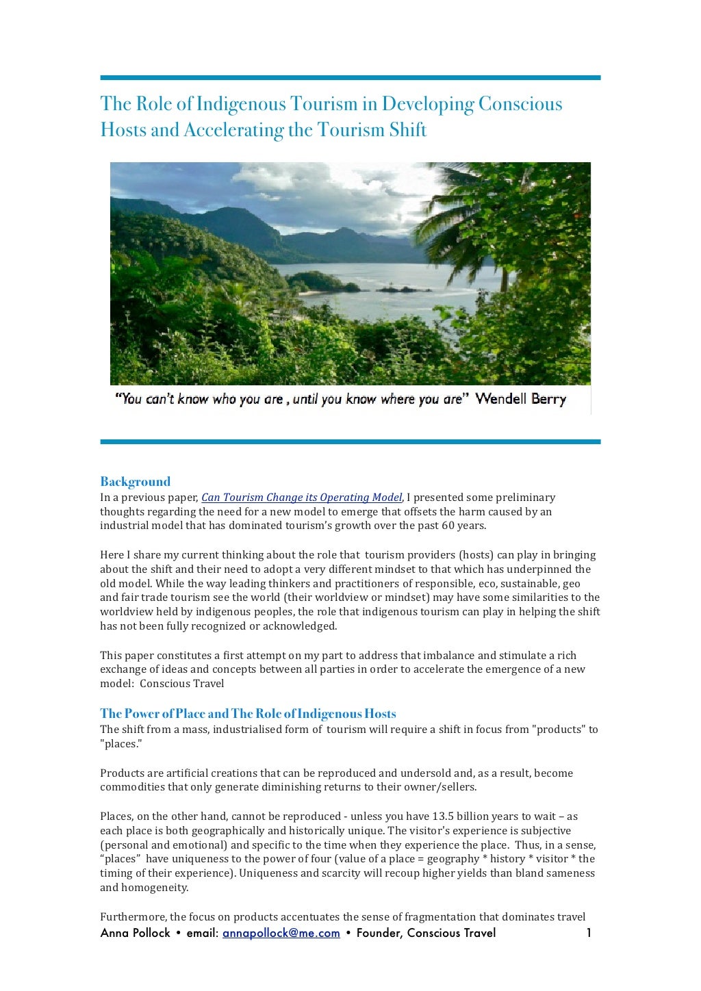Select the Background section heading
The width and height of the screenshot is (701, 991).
click(135, 482)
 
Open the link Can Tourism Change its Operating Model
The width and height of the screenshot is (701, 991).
click(301, 498)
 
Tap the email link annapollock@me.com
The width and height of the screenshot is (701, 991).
click(281, 934)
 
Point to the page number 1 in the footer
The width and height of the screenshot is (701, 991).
click(589, 934)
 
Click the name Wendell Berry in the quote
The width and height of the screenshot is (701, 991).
click(520, 399)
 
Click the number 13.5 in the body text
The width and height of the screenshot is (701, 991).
click(444, 816)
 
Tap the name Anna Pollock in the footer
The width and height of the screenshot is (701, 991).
click(135, 934)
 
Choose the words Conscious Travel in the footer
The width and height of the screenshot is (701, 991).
click(451, 934)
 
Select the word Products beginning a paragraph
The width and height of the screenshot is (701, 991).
click(122, 773)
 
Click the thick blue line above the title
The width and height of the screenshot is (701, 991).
click(350, 78)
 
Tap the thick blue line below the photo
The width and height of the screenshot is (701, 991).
click(350, 442)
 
